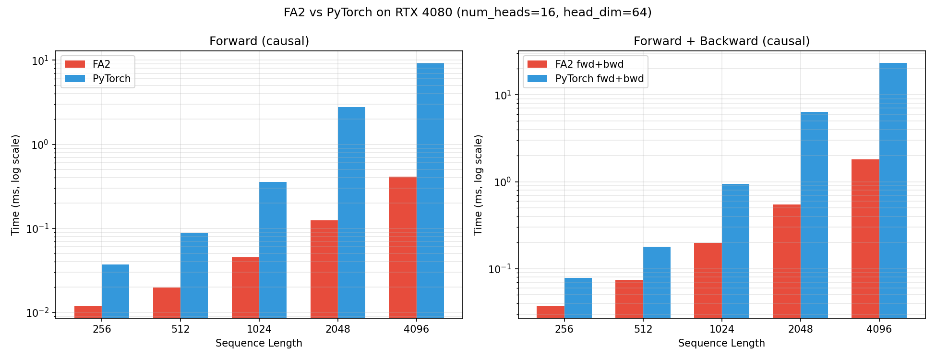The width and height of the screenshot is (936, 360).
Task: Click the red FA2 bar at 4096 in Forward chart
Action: (402, 247)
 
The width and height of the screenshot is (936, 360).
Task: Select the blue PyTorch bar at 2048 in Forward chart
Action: (351, 212)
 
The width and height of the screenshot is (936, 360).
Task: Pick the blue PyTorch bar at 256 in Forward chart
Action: (115, 291)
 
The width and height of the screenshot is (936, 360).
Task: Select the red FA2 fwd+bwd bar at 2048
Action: (786, 261)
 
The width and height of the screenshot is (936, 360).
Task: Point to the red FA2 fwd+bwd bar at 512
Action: (629, 299)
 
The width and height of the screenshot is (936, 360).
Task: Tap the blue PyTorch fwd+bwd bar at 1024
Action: (735, 251)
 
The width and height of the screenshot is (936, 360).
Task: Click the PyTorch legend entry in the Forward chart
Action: (111, 79)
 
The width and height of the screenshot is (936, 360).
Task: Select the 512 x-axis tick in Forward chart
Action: (180, 329)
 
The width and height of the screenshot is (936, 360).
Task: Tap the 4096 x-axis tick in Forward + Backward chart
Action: (879, 329)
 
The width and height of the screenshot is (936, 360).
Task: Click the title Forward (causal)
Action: (259, 41)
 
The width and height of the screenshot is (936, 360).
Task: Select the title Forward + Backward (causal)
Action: (721, 41)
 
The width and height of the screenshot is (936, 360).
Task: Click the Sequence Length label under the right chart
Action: (721, 343)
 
